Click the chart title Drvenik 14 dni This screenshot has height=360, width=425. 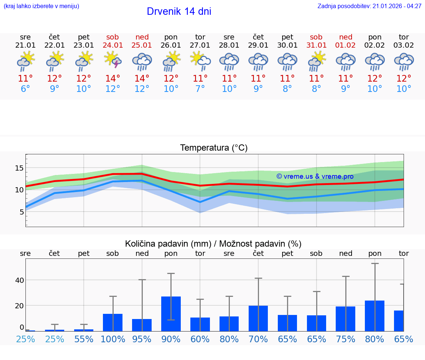[x=179, y=11]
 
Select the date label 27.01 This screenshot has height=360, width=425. [x=200, y=45]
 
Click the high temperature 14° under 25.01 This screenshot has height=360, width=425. [x=142, y=79]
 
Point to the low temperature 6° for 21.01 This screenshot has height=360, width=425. [x=25, y=89]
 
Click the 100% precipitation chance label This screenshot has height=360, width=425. [x=113, y=339]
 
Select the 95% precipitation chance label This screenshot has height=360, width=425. [x=142, y=339]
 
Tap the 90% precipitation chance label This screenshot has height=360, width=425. [x=171, y=339]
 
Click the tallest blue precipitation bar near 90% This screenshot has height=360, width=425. [x=171, y=314]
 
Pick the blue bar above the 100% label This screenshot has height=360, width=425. [x=113, y=322]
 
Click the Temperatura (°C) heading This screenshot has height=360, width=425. [x=214, y=148]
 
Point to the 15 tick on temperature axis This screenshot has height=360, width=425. [x=19, y=168]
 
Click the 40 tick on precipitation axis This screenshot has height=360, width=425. [x=19, y=280]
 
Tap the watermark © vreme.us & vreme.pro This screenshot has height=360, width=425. [x=315, y=176]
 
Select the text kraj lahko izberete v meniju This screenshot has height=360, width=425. [x=41, y=6]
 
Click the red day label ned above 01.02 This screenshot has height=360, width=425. [x=346, y=37]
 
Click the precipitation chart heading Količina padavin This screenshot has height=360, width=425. [x=213, y=244]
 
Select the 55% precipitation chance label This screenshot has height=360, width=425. [x=84, y=339]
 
